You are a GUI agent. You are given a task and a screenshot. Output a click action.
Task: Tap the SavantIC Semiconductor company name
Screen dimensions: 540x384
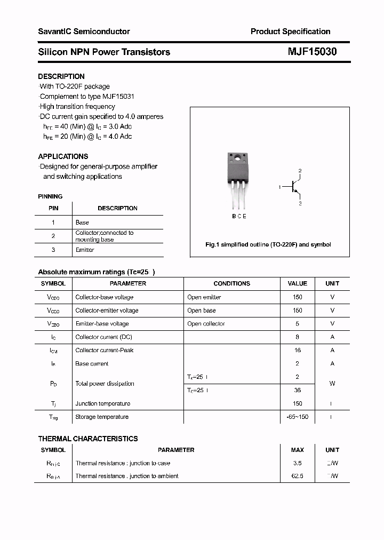84,31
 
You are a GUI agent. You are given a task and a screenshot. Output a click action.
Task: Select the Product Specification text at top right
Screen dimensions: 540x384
290,31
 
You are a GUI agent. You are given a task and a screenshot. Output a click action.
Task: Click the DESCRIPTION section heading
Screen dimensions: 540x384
61,76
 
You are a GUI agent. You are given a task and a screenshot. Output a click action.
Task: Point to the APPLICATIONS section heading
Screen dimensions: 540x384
63,156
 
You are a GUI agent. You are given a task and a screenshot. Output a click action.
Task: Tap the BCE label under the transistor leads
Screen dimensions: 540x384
239,216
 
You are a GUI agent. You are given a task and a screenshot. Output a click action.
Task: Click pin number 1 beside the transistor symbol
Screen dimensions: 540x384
279,187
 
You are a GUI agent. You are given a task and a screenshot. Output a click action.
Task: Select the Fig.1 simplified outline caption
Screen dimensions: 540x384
268,244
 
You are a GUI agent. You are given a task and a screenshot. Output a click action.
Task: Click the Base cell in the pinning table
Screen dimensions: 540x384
82,223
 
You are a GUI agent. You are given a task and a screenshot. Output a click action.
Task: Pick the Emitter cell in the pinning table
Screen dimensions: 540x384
85,250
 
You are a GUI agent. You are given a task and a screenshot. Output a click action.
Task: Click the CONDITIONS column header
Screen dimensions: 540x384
231,283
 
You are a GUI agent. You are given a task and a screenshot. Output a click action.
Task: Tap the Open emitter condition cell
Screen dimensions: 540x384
204,297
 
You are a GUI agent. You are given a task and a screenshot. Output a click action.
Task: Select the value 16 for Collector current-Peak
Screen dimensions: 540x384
297,351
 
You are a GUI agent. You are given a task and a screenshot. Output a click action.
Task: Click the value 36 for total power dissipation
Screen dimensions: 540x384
297,390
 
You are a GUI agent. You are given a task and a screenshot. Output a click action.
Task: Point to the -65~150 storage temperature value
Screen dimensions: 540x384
297,417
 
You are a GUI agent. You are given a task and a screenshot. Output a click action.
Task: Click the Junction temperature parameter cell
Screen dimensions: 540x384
102,403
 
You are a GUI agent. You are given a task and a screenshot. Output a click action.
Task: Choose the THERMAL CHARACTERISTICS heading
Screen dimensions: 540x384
88,439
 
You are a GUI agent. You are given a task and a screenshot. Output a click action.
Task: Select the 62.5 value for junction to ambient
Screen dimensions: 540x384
297,476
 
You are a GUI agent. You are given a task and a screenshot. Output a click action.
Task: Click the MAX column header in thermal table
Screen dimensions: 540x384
297,450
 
